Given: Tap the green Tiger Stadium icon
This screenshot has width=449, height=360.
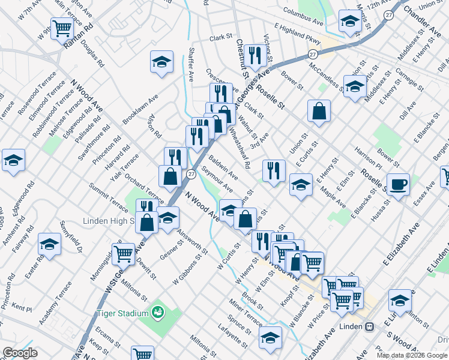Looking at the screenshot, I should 158,312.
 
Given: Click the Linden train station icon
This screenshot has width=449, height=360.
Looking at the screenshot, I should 370,327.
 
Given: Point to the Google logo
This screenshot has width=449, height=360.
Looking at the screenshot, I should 20,353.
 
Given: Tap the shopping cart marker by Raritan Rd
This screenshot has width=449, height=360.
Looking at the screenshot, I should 62,28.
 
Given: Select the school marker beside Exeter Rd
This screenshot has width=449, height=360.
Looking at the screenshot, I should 49,244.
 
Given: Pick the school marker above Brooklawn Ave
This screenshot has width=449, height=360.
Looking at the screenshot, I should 161,62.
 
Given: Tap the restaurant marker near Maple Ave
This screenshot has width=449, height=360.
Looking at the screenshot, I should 274,170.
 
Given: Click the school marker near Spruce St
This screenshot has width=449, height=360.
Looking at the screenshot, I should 271,338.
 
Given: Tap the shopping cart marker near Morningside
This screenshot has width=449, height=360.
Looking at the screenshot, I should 124,254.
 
